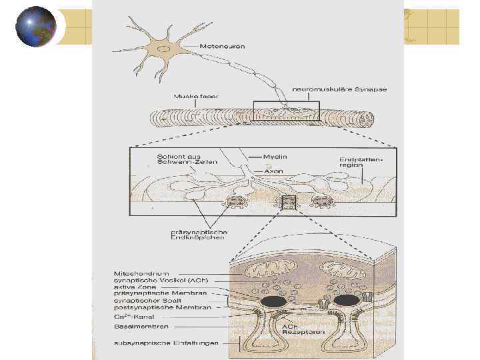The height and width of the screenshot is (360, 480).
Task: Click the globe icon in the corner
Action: pyautogui.click(x=35, y=27)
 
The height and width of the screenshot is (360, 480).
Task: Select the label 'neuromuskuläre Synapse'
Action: pyautogui.click(x=340, y=89)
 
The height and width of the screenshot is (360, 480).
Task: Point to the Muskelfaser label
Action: pyautogui.click(x=196, y=96)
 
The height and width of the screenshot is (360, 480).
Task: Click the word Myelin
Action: pyautogui.click(x=274, y=157)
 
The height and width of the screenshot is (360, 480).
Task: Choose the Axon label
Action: pyautogui.click(x=273, y=171)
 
